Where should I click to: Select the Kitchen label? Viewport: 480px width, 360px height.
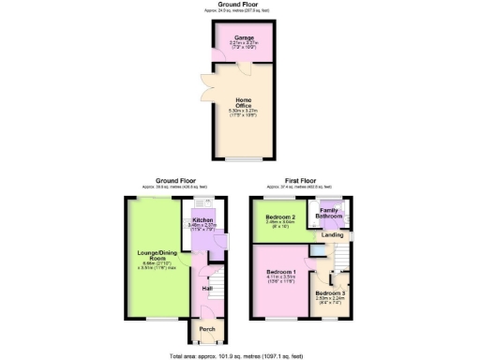(x=202, y=220)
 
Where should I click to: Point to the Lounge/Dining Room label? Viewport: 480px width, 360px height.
(x=155, y=258)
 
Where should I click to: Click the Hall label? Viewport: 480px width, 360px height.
(x=205, y=288)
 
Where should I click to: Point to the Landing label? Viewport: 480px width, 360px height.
(x=333, y=234)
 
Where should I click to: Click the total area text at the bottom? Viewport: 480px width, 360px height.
(x=240, y=355)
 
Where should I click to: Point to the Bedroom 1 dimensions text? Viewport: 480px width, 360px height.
(x=282, y=279)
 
